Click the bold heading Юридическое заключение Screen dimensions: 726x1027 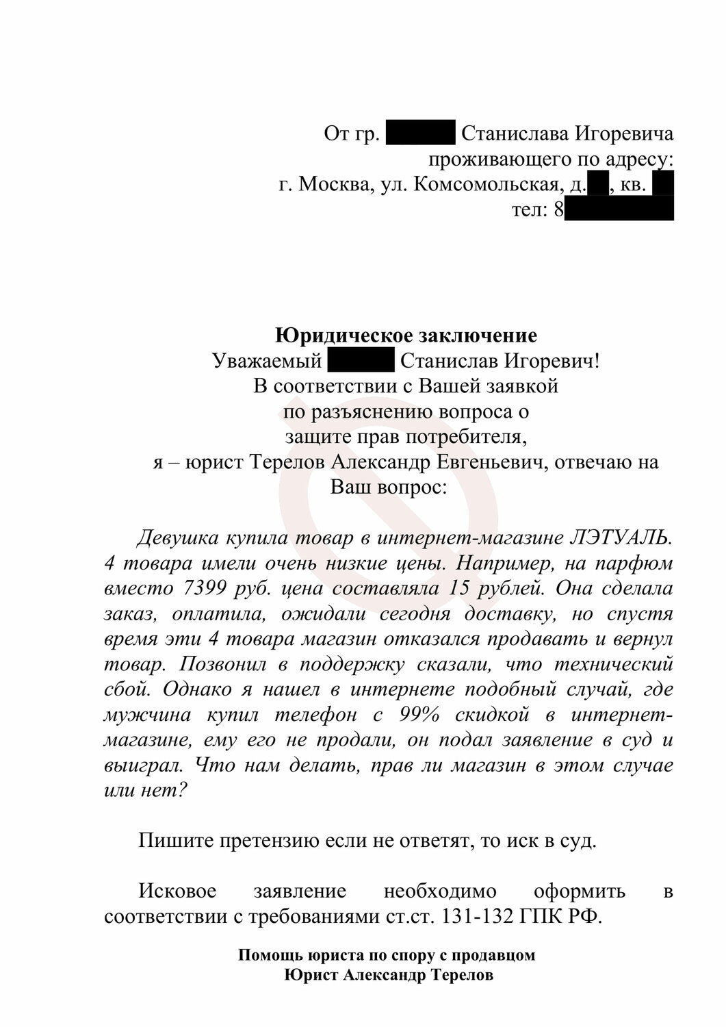click(406, 335)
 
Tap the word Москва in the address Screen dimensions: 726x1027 click(336, 185)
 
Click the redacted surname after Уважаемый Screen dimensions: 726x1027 click(361, 360)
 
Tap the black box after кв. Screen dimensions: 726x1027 click(663, 185)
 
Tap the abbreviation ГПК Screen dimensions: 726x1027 click(545, 916)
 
